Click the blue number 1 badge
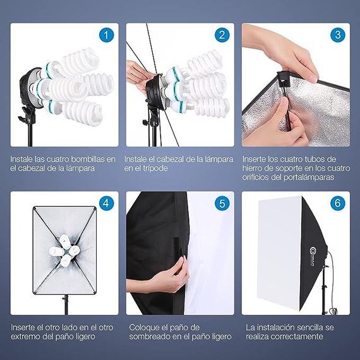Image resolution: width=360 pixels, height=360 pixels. click(x=106, y=35)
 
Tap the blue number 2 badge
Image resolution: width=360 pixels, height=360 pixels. click(x=222, y=35)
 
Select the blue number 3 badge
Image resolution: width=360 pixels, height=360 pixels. click(x=338, y=35)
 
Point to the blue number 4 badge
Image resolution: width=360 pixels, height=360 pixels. click(x=106, y=203)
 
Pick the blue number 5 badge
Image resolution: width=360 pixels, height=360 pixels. click(x=222, y=203)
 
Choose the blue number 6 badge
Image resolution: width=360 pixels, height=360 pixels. click(x=338, y=203)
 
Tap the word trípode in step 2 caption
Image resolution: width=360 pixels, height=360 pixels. click(x=155, y=169)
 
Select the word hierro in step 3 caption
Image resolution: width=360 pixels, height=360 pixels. click(x=251, y=168)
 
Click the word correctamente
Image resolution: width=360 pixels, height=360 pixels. click(x=297, y=337)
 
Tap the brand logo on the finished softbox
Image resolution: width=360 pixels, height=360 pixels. click(x=312, y=256)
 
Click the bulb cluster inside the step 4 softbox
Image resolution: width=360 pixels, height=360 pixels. click(x=64, y=251)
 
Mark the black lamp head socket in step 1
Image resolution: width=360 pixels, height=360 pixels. click(x=31, y=88)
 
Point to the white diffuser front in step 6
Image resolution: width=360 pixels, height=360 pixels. click(x=280, y=253)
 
